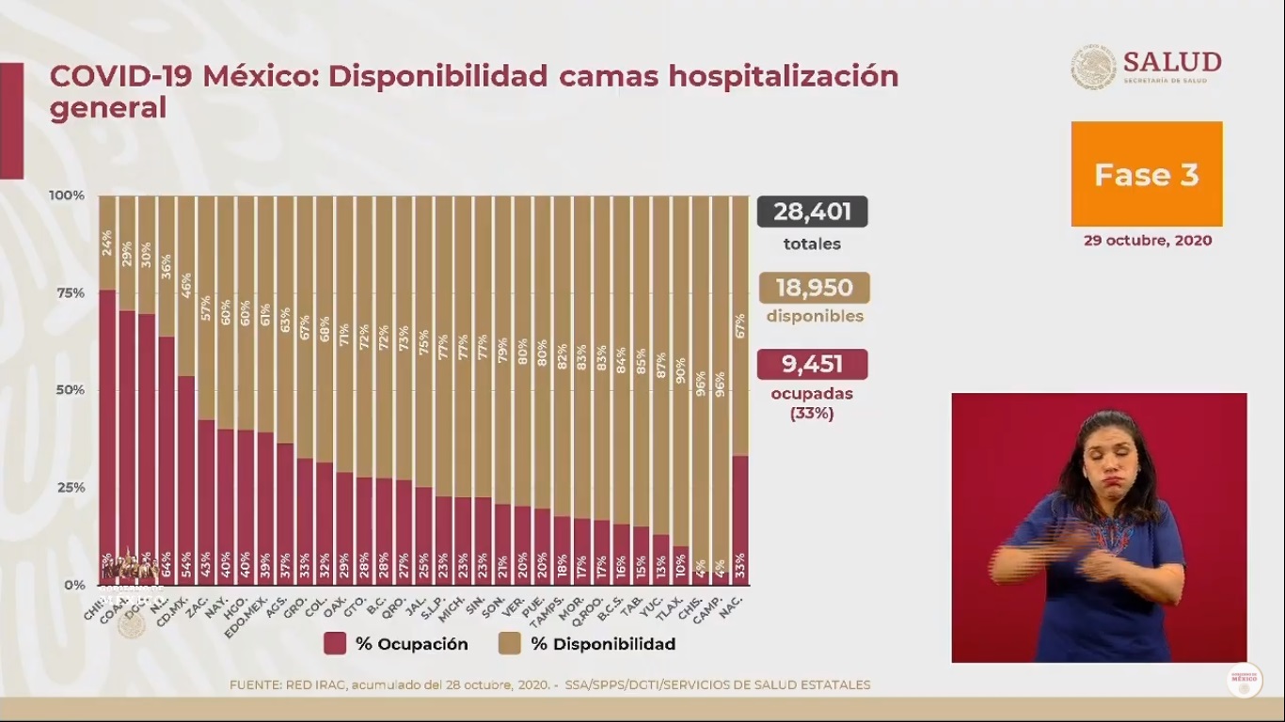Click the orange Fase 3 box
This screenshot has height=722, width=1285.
(1147, 174)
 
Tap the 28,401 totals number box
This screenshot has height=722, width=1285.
(812, 212)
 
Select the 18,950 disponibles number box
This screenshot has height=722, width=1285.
(813, 288)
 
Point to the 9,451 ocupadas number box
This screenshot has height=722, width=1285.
(812, 364)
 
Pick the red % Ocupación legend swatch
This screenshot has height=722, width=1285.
(335, 644)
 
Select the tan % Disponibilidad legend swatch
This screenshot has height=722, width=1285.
(510, 644)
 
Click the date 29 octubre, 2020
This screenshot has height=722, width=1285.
(1147, 240)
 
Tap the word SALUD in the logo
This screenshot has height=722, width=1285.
(1171, 62)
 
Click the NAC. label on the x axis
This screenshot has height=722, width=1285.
(736, 603)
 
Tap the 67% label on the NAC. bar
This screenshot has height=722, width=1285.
(740, 324)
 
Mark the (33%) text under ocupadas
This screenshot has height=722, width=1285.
(812, 413)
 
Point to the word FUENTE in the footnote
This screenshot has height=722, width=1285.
(257, 685)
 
